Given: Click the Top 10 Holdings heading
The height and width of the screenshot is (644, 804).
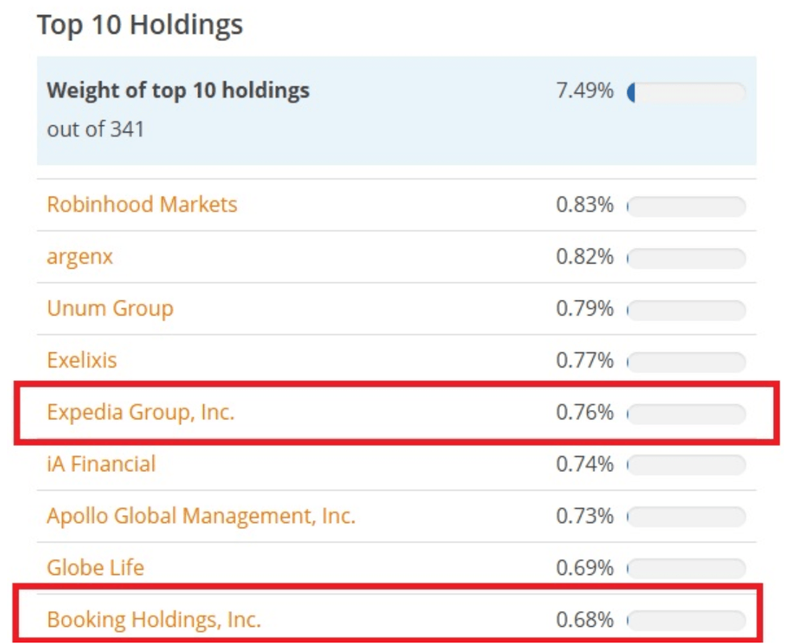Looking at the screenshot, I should click(x=140, y=24).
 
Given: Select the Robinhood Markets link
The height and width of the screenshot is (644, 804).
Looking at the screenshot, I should click(x=141, y=205).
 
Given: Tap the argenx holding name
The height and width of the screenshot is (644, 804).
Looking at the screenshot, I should click(x=79, y=257).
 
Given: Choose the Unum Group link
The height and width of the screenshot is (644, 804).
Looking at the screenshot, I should click(x=110, y=309).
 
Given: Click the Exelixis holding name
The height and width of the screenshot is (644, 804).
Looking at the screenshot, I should click(x=82, y=360).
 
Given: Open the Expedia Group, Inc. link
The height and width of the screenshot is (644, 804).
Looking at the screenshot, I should click(x=141, y=412).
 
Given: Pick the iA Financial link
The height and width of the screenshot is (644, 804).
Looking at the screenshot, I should click(x=101, y=464).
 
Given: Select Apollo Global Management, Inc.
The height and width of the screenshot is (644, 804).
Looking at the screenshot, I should click(x=201, y=516).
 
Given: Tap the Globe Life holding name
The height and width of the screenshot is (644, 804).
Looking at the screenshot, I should click(x=95, y=568).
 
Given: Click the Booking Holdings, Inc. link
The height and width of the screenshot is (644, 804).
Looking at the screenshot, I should click(x=154, y=620).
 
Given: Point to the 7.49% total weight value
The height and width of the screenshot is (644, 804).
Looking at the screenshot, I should click(x=584, y=91).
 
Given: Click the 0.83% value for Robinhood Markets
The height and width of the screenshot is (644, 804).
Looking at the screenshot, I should click(x=584, y=205).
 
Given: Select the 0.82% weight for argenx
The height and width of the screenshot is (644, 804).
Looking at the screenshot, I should click(x=584, y=257).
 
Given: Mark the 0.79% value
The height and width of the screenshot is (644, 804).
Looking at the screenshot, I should click(x=584, y=309).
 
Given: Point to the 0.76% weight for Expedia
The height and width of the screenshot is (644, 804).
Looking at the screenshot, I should click(x=584, y=412).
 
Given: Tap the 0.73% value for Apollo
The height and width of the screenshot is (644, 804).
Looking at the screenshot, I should click(x=584, y=516).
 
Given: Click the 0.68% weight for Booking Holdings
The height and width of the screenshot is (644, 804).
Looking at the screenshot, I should click(x=584, y=620).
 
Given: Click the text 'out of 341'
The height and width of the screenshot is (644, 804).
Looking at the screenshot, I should click(x=96, y=129).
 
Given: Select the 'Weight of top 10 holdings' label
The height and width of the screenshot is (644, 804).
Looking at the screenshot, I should click(x=178, y=91).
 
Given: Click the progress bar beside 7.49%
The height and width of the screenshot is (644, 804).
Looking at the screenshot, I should click(x=686, y=93).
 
